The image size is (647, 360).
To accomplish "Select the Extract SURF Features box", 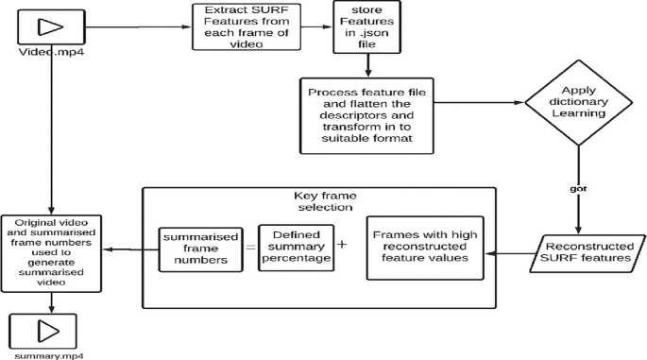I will [241, 26].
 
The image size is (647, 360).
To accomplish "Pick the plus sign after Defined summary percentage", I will [341, 245].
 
